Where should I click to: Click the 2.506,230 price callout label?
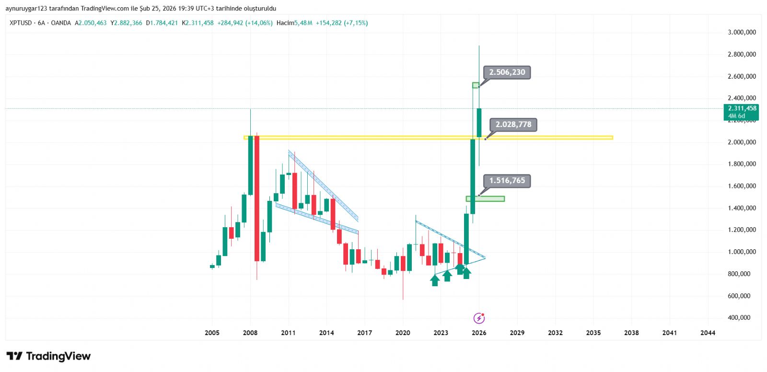point(507,72)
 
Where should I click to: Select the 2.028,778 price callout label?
point(513,125)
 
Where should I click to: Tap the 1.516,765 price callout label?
point(507,181)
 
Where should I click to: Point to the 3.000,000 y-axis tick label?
point(742,32)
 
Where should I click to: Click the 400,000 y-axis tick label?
point(739,317)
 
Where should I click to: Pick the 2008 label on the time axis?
point(250,333)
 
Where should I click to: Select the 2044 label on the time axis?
point(708,333)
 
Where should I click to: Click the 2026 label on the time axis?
point(479,333)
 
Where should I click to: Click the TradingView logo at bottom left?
point(48,356)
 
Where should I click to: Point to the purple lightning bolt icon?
point(479,318)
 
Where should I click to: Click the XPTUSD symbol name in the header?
point(21,23)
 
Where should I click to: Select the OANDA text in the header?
point(61,23)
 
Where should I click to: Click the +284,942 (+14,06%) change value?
point(245,23)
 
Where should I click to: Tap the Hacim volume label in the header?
point(285,23)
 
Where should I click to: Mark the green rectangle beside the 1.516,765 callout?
point(485,198)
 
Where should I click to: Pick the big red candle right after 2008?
point(257,198)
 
